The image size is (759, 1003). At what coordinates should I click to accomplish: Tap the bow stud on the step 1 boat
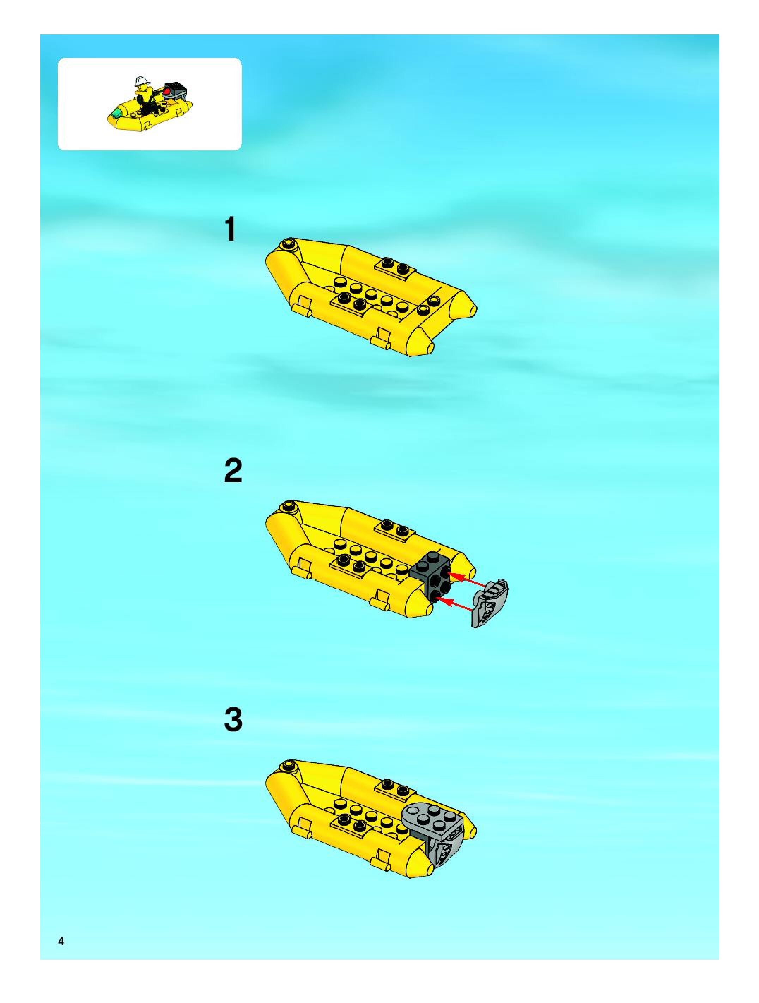288,245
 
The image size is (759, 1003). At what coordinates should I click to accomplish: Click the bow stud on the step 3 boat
288,766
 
